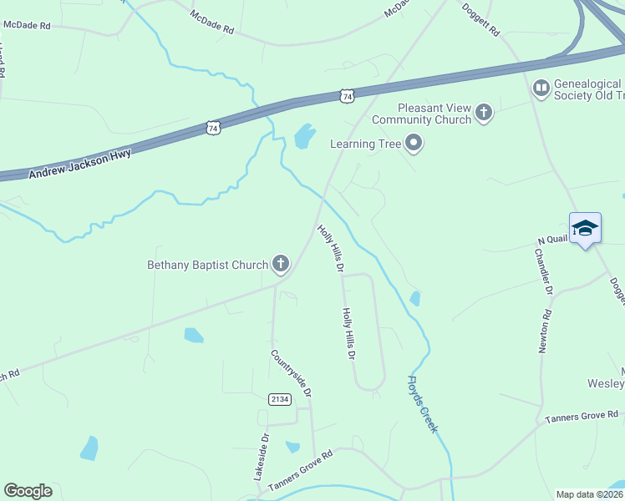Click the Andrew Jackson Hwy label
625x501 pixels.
80,164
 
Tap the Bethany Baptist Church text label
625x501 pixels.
208,266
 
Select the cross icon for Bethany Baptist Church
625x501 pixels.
281,266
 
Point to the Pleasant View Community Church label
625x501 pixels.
434,114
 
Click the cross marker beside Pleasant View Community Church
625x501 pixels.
483,112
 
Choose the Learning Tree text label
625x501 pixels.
365,144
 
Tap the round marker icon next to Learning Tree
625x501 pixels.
413,144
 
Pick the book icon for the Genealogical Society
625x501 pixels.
541,87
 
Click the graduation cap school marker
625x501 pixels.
585,228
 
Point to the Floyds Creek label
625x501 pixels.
422,403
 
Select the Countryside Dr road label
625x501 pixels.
291,372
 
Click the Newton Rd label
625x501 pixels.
546,331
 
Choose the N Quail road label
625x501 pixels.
552,240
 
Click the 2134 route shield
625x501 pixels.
280,400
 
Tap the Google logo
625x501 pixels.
28,491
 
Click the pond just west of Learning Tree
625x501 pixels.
304,134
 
